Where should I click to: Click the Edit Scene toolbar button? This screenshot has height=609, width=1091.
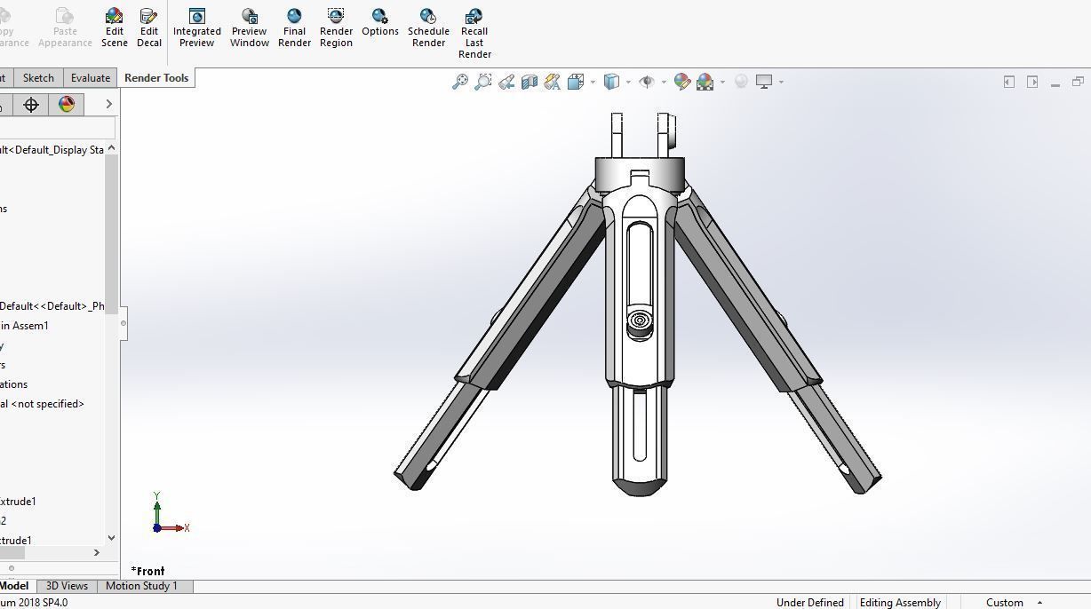(x=114, y=27)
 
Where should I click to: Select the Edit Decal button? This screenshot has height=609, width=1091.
(x=148, y=27)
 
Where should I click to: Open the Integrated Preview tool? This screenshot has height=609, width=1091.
(x=196, y=27)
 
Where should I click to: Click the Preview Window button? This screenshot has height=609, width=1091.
(x=250, y=27)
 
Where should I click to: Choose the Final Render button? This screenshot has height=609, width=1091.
(x=294, y=27)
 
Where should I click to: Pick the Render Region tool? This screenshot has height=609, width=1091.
(x=336, y=27)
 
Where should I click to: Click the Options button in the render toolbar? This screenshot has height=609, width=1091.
(x=379, y=22)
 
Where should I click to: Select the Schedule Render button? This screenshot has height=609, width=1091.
(x=428, y=27)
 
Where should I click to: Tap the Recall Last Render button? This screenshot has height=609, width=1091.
(x=474, y=32)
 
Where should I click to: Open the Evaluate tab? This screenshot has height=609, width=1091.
(x=91, y=78)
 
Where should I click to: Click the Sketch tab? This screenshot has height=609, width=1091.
(x=38, y=78)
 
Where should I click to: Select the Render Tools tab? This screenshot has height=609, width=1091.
(x=156, y=78)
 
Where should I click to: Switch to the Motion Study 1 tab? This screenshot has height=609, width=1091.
(x=141, y=586)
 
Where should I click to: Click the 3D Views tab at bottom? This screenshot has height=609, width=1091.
(x=67, y=586)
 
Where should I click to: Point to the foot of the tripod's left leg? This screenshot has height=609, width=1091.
(x=411, y=480)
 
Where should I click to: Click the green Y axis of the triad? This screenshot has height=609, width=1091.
(x=156, y=510)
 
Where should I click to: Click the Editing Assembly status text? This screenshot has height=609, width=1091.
(x=899, y=603)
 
